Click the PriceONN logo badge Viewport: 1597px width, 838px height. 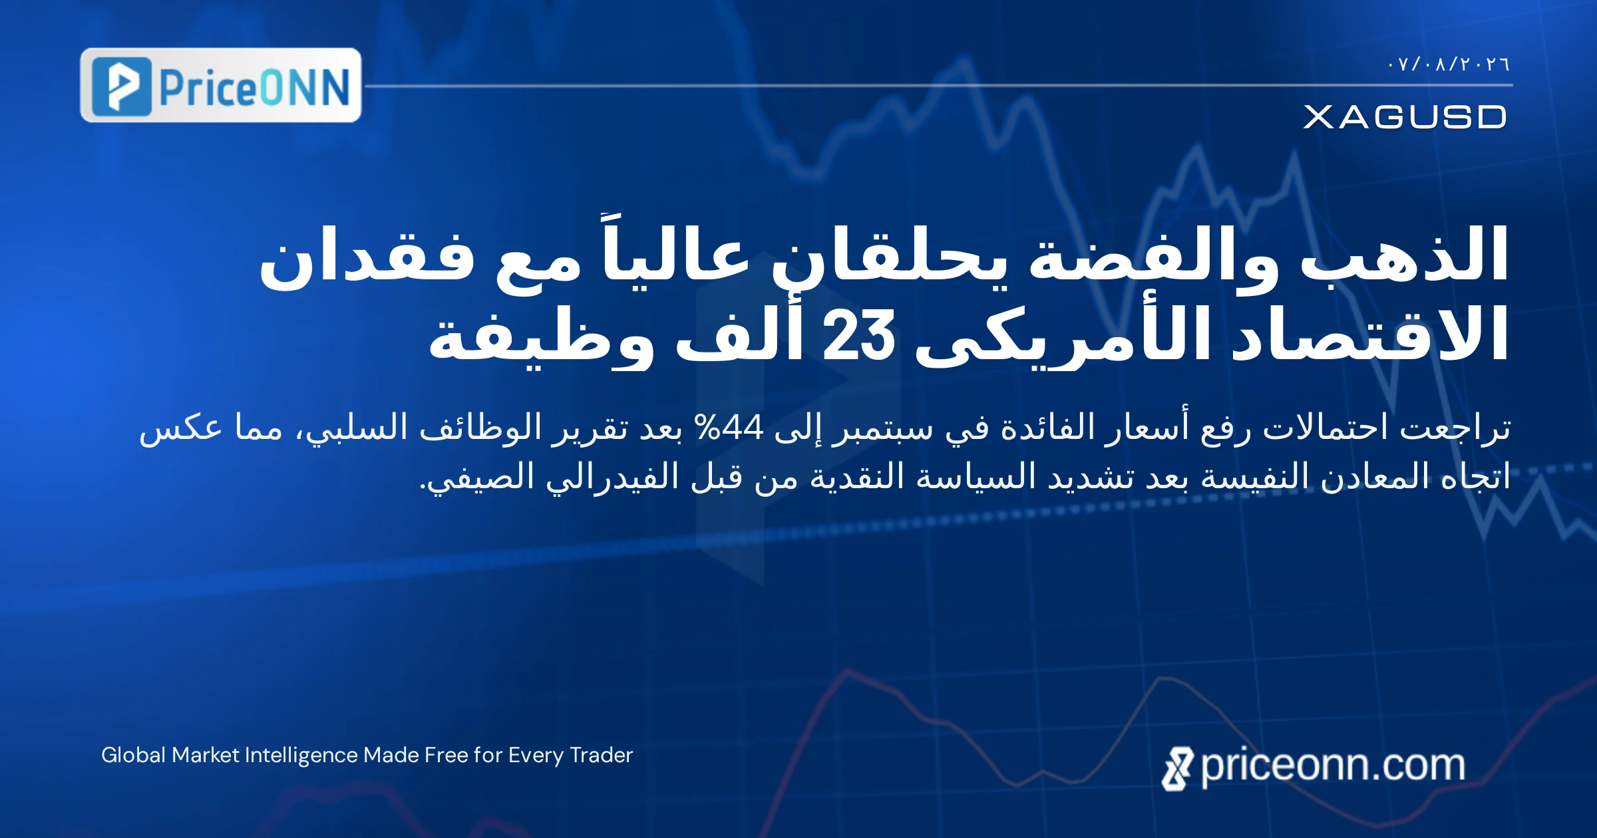click(x=221, y=85)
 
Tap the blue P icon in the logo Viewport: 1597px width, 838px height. click(x=122, y=86)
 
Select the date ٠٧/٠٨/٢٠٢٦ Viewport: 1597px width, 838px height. click(x=1449, y=65)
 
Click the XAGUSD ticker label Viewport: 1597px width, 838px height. click(x=1405, y=117)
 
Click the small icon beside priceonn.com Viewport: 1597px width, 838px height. click(x=1177, y=769)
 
